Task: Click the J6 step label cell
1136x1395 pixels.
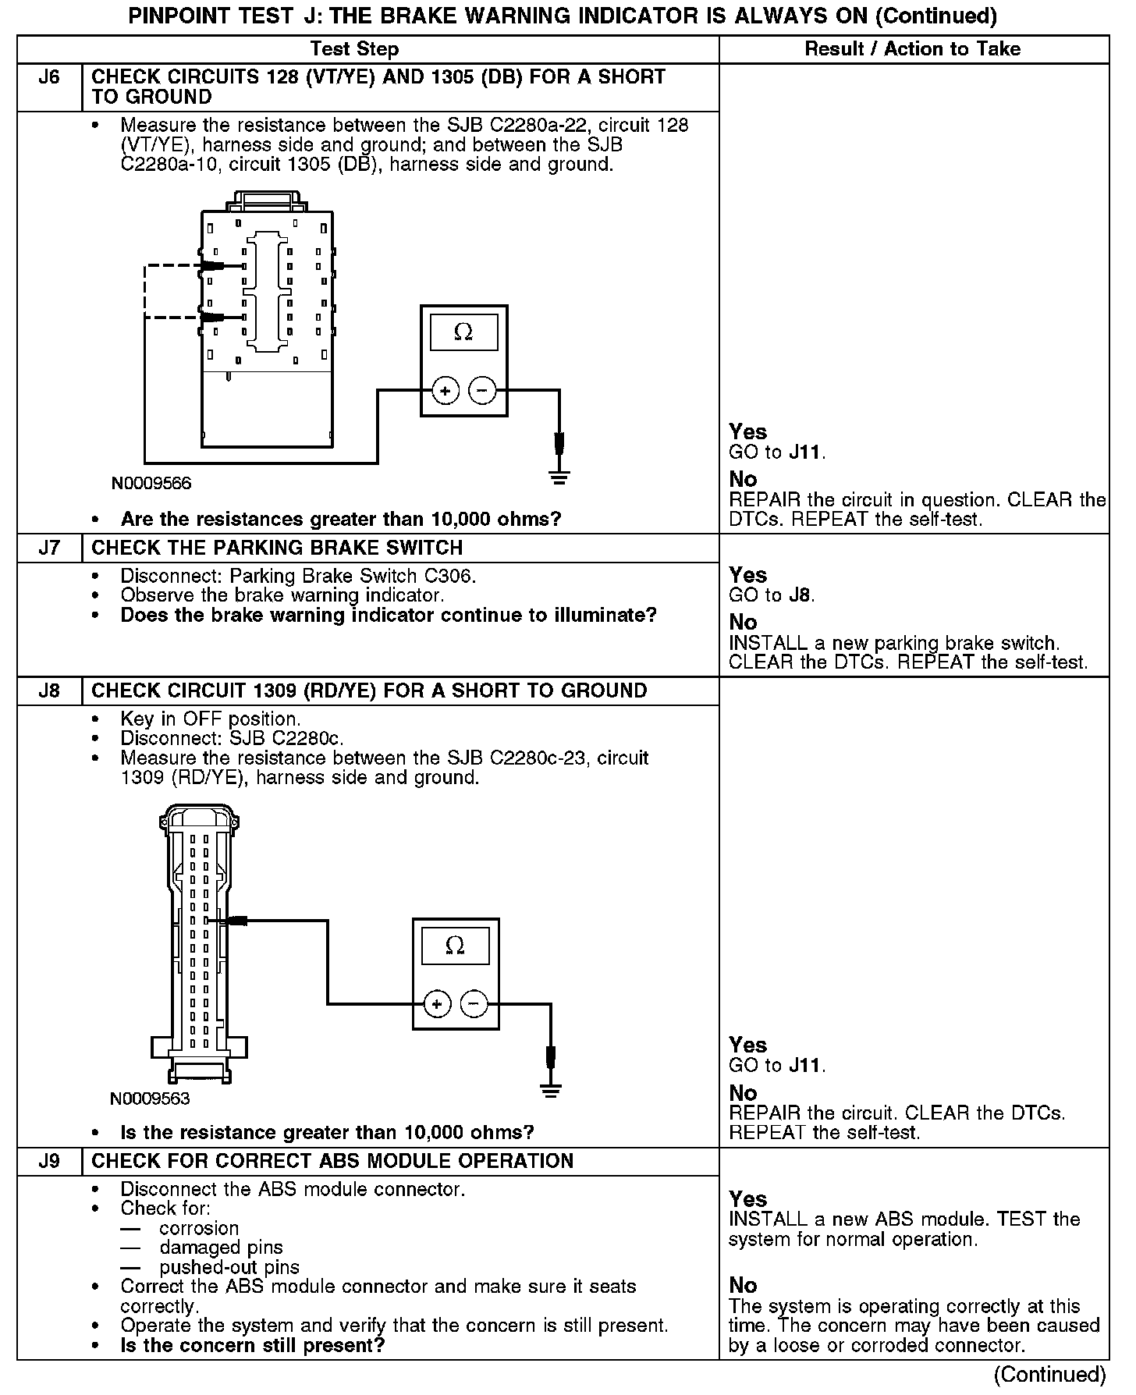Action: [x=49, y=77]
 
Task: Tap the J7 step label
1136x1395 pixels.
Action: [x=49, y=548]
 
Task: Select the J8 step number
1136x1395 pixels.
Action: [x=49, y=690]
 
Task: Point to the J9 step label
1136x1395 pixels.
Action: [x=49, y=1161]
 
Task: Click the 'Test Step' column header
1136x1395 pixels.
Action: [x=354, y=49]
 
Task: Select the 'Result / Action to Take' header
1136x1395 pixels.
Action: [x=912, y=49]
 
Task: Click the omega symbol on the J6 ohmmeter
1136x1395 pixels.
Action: [x=463, y=333]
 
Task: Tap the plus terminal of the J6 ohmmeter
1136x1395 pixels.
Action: [x=446, y=390]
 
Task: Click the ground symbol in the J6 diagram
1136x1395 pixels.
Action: [x=559, y=476]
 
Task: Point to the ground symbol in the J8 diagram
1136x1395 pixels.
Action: [x=551, y=1089]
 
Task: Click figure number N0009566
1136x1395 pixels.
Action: [x=151, y=484]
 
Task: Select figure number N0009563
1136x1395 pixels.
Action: [x=150, y=1099]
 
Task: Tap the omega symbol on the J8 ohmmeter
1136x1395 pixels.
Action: [x=455, y=946]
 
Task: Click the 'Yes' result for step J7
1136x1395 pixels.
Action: [x=747, y=575]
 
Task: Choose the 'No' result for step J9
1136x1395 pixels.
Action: [x=743, y=1285]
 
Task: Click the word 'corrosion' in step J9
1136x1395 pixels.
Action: [x=199, y=1227]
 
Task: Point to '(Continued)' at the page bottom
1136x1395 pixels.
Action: [x=1050, y=1374]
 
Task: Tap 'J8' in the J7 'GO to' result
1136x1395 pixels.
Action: [x=801, y=595]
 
